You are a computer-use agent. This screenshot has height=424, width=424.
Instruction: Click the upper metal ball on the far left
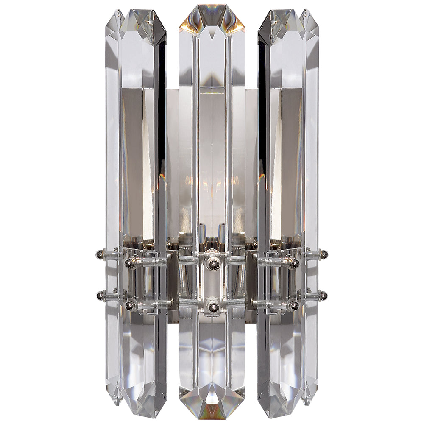pyautogui.click(x=99, y=254)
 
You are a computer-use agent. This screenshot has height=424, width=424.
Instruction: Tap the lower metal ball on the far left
pyautogui.click(x=100, y=294)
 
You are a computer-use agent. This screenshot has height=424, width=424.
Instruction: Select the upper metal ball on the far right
pyautogui.click(x=324, y=254)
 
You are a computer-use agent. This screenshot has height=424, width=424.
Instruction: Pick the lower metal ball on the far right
pyautogui.click(x=324, y=294)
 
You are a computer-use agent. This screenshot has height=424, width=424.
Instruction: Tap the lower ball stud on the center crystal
pyautogui.click(x=213, y=307)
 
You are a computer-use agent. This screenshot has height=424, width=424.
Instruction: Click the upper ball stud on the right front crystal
pyautogui.click(x=293, y=263)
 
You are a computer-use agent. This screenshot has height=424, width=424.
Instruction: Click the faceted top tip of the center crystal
pyautogui.click(x=212, y=17)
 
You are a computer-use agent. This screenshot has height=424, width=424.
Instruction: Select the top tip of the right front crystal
pyautogui.click(x=280, y=21)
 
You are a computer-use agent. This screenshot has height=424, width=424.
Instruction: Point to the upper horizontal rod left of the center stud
pyautogui.click(x=189, y=260)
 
